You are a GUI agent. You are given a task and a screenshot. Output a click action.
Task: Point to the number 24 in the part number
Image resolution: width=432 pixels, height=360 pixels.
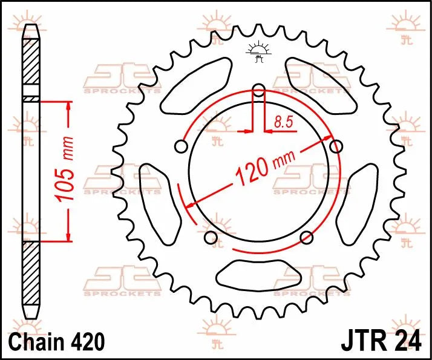tap(408, 341)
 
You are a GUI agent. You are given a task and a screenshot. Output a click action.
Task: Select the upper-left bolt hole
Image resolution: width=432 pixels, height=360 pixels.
tap(180, 146)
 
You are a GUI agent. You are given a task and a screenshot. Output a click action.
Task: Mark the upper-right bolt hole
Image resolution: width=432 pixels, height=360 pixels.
tap(336, 146)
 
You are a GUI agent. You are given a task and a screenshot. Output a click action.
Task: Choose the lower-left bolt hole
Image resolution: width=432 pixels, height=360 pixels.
tap(211, 238)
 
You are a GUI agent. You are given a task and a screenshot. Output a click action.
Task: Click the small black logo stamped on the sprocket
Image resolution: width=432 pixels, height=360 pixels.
tap(258, 52)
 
